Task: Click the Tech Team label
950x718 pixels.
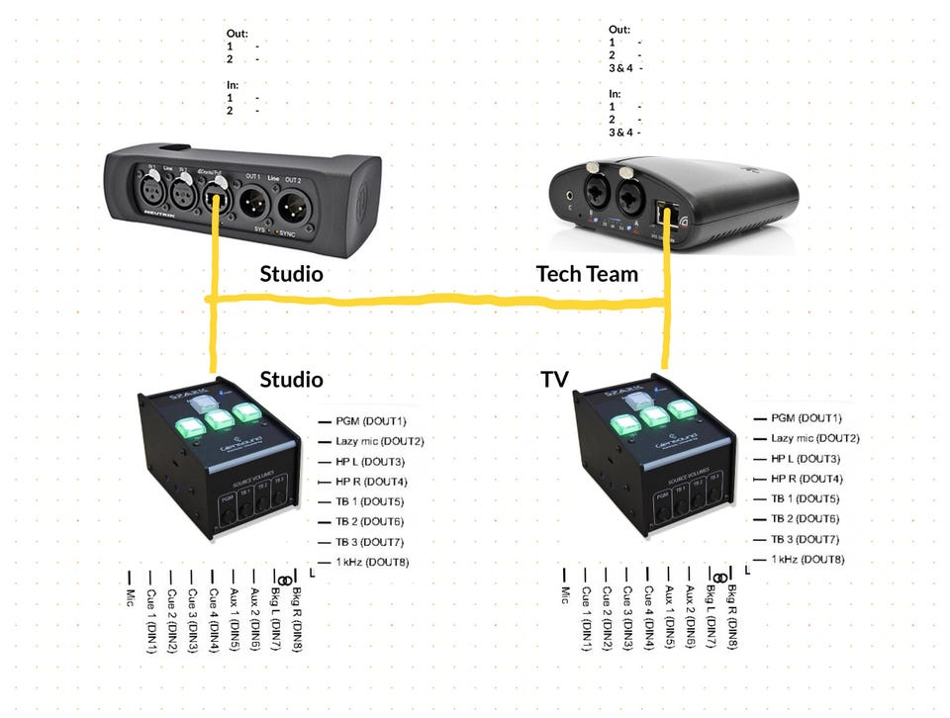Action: click(587, 274)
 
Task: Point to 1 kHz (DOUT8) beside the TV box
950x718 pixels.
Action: click(807, 560)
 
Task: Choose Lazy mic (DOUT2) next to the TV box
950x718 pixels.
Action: click(813, 438)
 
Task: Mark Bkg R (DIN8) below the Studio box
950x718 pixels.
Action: click(295, 618)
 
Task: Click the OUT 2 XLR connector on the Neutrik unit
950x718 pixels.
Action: click(292, 208)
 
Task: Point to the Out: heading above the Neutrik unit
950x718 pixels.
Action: click(237, 34)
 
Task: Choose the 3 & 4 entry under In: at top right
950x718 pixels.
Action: click(620, 133)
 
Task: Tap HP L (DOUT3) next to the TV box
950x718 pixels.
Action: click(805, 459)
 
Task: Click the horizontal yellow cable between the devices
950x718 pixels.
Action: click(435, 300)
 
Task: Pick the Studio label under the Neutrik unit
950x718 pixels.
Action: click(291, 274)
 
